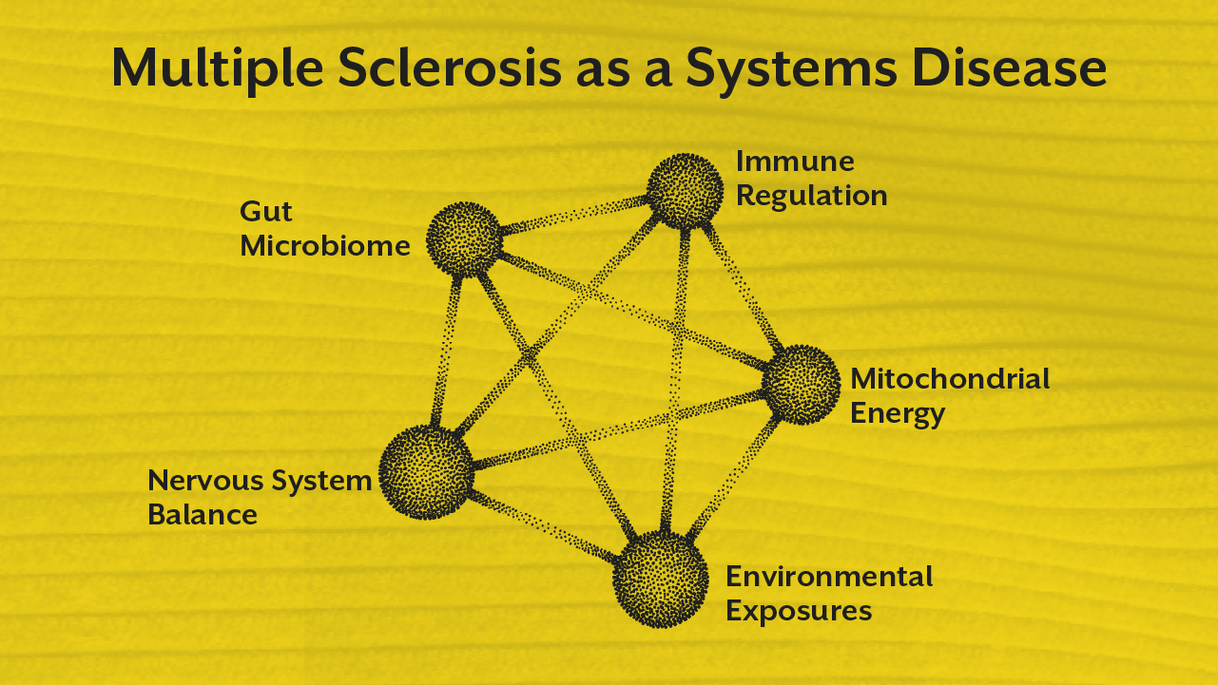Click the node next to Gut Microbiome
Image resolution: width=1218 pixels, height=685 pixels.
click(x=463, y=238)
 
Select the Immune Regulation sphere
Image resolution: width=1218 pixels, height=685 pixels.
click(x=684, y=190)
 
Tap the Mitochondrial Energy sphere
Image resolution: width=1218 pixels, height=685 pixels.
click(x=801, y=385)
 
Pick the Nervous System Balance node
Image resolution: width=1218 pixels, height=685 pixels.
click(x=426, y=471)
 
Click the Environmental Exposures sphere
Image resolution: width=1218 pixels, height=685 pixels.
click(x=660, y=579)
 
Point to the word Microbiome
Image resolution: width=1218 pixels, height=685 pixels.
click(x=325, y=246)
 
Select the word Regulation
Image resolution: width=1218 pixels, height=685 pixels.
click(x=811, y=196)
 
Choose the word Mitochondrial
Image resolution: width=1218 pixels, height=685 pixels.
click(x=950, y=378)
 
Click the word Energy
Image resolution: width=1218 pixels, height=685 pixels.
click(x=898, y=414)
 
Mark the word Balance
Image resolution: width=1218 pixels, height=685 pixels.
click(x=202, y=515)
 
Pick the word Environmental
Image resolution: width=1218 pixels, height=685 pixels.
click(x=829, y=576)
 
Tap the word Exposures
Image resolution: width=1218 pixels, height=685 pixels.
click(x=799, y=610)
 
